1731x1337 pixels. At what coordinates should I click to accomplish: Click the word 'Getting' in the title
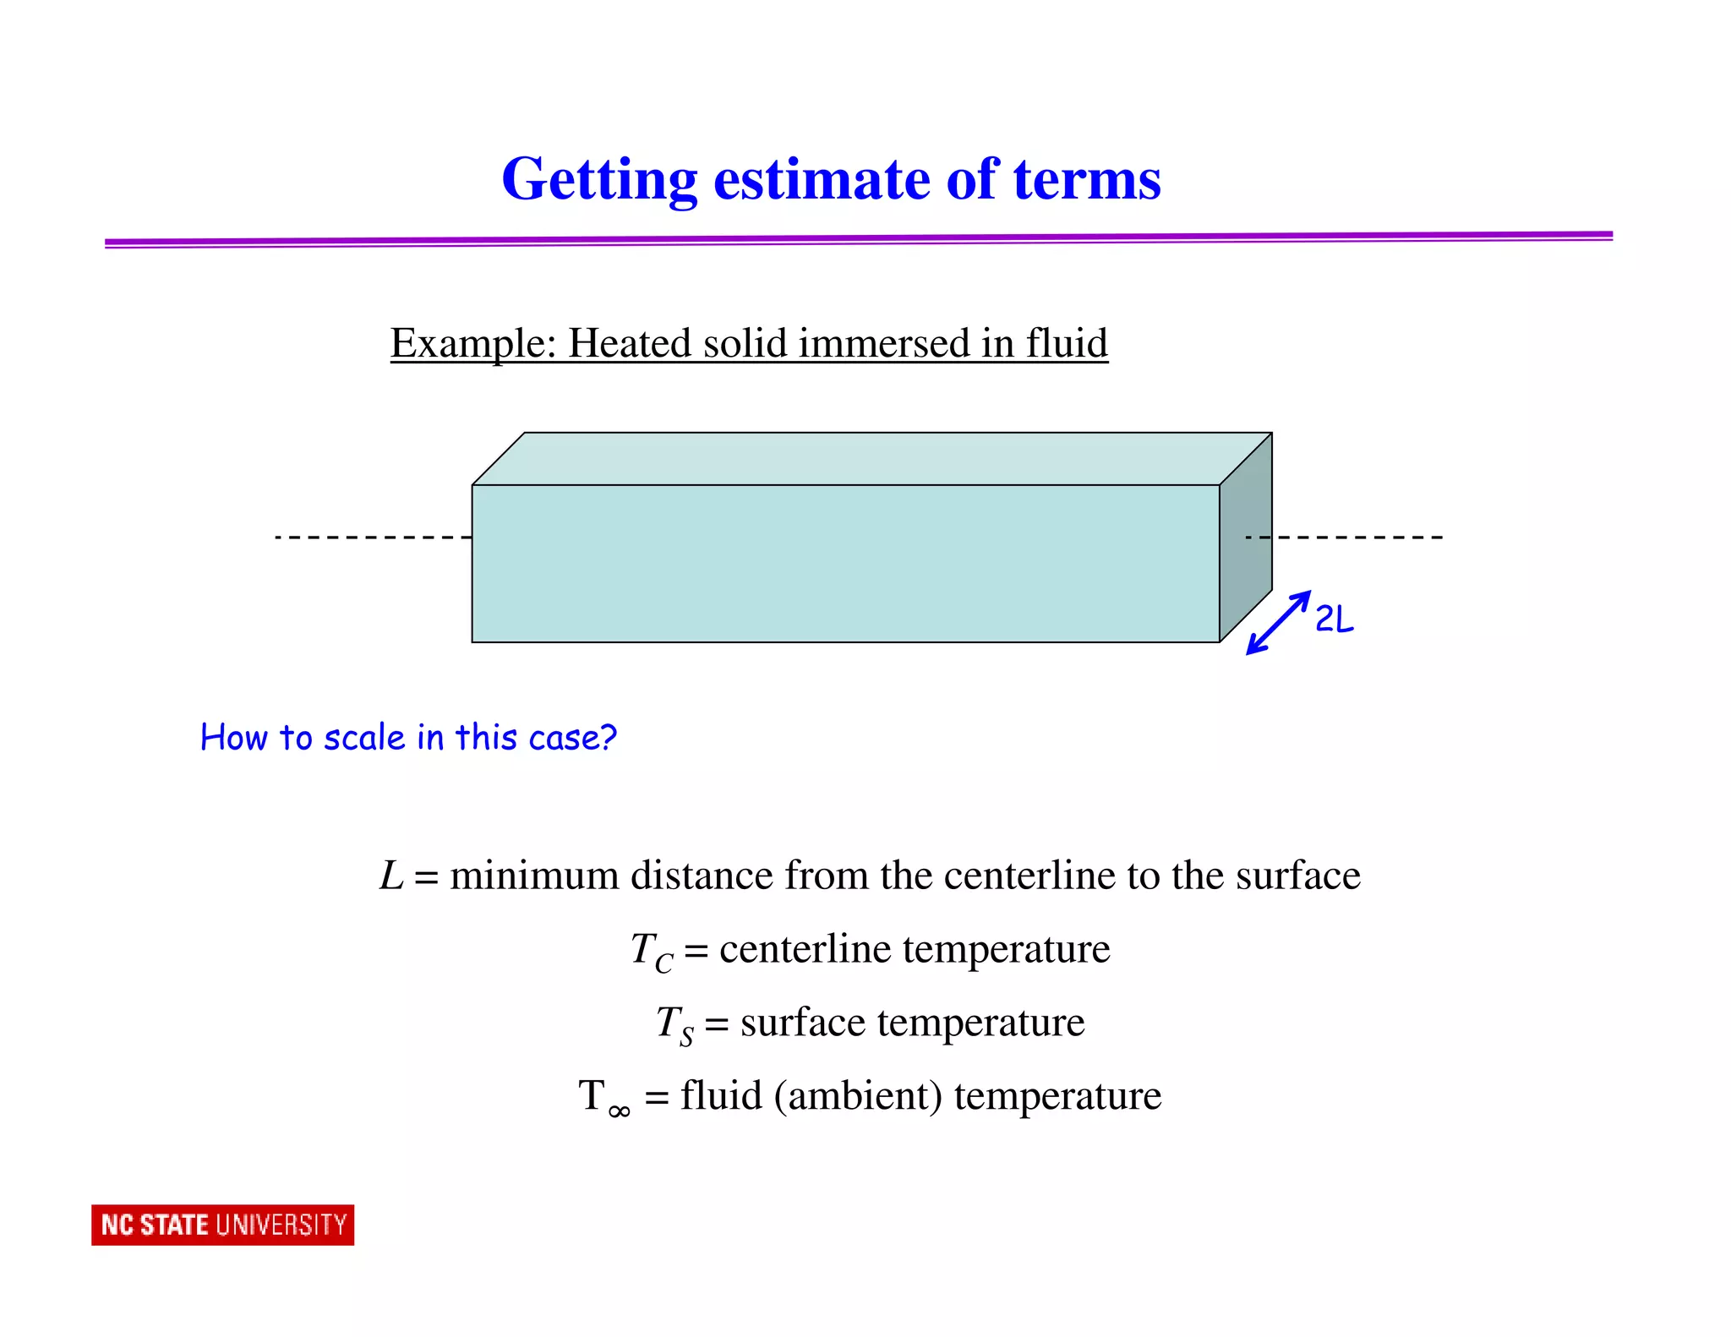(598, 180)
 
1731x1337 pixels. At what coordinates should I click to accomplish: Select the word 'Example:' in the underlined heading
(472, 344)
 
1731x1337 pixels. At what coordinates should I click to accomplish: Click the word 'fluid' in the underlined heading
(1067, 344)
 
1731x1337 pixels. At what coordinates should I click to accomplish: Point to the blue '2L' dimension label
(1335, 619)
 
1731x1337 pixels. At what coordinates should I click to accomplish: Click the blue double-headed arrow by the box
(1278, 623)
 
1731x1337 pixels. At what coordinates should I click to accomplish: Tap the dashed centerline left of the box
(372, 537)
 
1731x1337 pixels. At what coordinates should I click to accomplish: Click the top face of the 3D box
(871, 458)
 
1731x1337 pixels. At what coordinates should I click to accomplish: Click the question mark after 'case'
(607, 738)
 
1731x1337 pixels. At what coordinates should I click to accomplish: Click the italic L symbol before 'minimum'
(391, 876)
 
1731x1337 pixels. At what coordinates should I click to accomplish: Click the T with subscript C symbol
(652, 952)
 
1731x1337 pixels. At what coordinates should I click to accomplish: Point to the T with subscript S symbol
(674, 1024)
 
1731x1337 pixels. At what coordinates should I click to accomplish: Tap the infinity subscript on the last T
(619, 1111)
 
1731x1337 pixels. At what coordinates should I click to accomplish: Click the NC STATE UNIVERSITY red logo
(222, 1225)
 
